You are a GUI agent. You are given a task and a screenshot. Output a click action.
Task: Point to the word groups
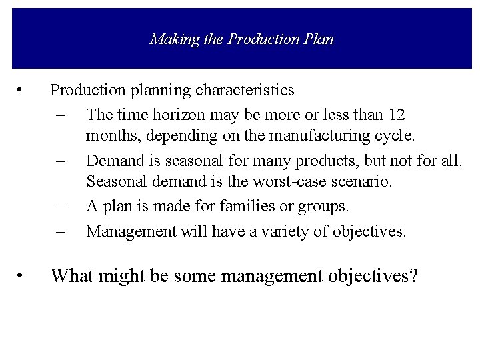click(324, 207)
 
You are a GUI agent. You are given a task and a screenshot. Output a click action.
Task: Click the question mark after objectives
click(414, 275)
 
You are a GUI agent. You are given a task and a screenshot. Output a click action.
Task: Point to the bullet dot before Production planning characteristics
click(23, 89)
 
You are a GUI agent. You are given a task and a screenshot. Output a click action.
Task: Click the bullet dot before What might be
click(23, 275)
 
